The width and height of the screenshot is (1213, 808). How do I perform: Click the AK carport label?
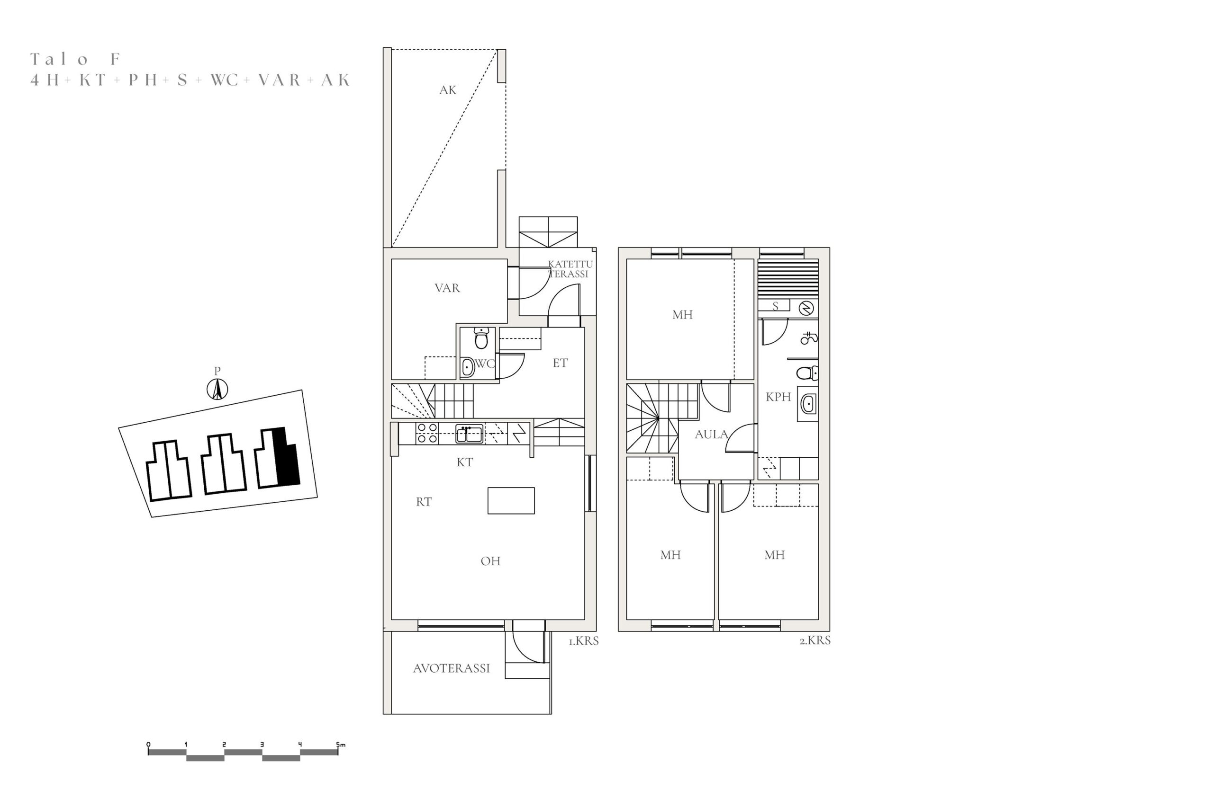point(448,90)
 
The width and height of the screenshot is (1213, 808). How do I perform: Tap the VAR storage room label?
point(447,288)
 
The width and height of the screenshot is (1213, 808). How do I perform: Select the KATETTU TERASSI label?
point(570,269)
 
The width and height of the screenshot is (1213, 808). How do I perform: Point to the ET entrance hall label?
point(560,363)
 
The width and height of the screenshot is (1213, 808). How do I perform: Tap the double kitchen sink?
point(469,434)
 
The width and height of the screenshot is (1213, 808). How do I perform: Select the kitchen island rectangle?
point(511,500)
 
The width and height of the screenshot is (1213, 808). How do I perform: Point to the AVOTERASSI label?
point(451,668)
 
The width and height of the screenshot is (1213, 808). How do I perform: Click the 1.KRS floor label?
point(584,641)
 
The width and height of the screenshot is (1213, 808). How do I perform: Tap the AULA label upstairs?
point(711,435)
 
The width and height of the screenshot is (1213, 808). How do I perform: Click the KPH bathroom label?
point(778,397)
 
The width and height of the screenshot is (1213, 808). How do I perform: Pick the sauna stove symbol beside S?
point(806,308)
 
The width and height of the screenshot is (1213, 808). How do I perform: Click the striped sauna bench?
point(788,279)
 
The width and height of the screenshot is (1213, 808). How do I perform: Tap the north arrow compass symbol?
point(217,389)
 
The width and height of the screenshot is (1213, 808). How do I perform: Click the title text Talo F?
point(75,59)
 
